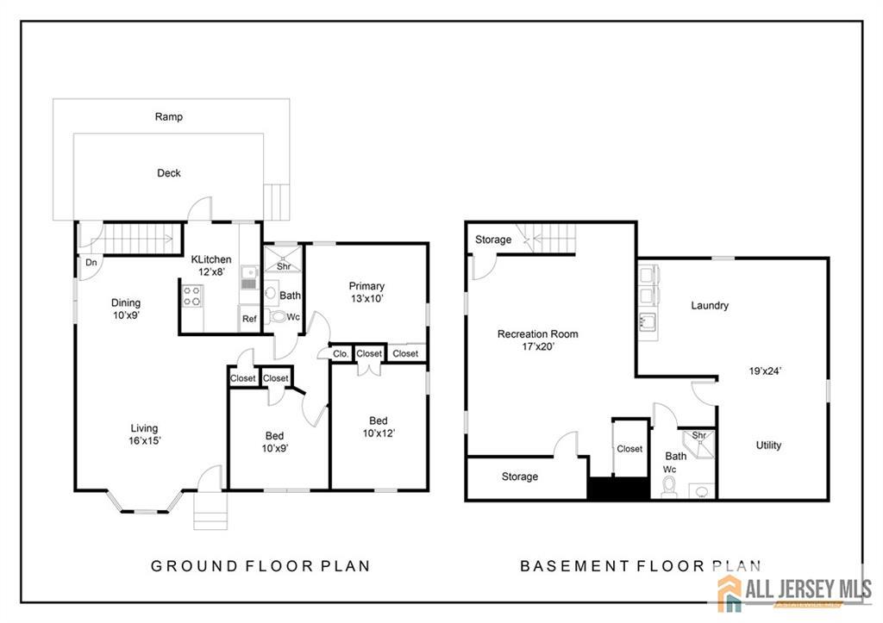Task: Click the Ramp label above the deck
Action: pos(169,116)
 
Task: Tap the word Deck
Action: pos(169,173)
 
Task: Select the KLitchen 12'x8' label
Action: pos(211,265)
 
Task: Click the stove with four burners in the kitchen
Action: pos(192,296)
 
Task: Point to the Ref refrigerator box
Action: pos(249,319)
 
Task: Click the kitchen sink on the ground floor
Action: pos(249,277)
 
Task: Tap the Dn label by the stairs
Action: pos(91,262)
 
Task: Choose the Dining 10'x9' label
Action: pos(126,309)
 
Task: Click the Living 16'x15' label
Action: pos(144,434)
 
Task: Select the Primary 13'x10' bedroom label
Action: pos(366,292)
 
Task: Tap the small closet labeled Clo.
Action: pos(340,354)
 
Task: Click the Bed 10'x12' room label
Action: pos(379,427)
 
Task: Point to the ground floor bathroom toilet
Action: pos(278,316)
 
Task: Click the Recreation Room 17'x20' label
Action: pos(538,340)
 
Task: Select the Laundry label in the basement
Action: pos(710,305)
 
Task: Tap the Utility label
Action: pos(768,445)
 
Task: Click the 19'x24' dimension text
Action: pos(765,371)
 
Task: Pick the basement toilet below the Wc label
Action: pos(669,486)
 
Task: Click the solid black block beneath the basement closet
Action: pos(618,489)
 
